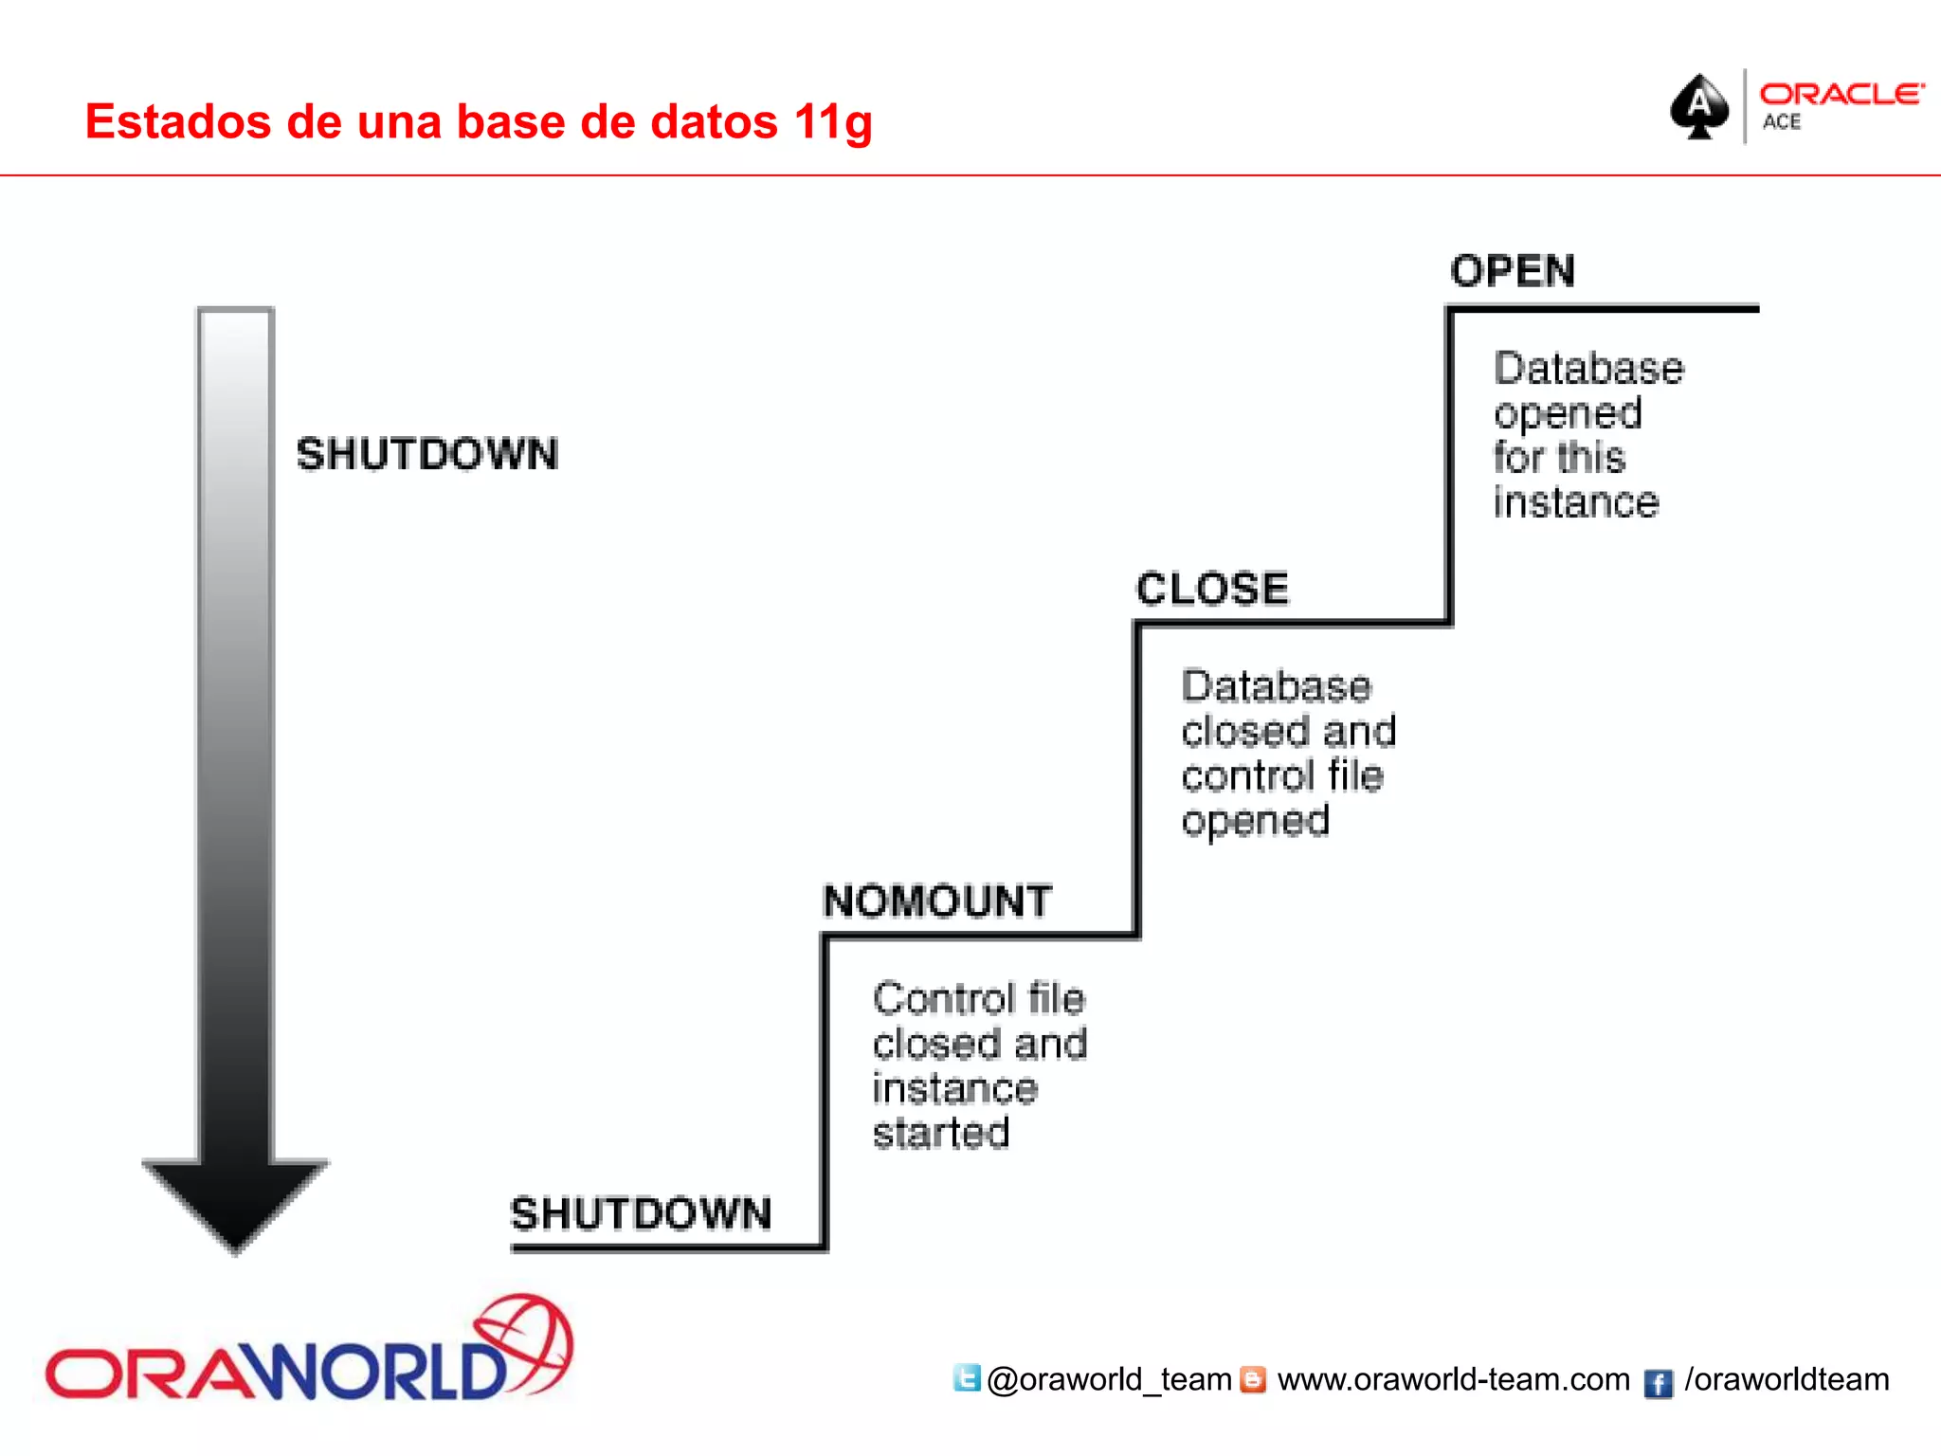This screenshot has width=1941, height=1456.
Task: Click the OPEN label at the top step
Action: pyautogui.click(x=1513, y=271)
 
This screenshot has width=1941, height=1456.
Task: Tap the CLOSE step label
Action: pyautogui.click(x=1212, y=589)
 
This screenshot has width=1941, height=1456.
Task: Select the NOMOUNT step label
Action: pyautogui.click(x=937, y=901)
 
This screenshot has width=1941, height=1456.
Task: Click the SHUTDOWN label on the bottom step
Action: pyautogui.click(x=641, y=1213)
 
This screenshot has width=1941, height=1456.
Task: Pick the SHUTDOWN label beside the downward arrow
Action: pyautogui.click(x=427, y=454)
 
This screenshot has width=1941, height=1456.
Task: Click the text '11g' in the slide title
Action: pyautogui.click(x=833, y=122)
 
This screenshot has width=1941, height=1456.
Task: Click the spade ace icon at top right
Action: pyautogui.click(x=1699, y=106)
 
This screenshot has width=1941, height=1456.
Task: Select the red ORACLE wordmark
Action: pyautogui.click(x=1841, y=94)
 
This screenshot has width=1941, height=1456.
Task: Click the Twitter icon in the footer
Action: pyautogui.click(x=967, y=1378)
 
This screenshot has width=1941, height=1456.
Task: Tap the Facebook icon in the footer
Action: pyautogui.click(x=1658, y=1383)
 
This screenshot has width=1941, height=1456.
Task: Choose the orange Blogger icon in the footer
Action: pyautogui.click(x=1253, y=1379)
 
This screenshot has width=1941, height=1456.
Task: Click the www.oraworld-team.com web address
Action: pyautogui.click(x=1453, y=1379)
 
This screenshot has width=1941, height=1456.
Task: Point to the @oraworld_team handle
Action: pyautogui.click(x=1109, y=1380)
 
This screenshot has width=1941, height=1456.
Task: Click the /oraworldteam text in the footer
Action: pyautogui.click(x=1787, y=1379)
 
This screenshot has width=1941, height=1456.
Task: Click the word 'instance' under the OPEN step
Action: pyautogui.click(x=1576, y=502)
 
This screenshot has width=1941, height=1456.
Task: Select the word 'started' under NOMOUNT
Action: pyautogui.click(x=941, y=1133)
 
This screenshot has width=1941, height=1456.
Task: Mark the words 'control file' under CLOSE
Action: pyautogui.click(x=1282, y=775)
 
